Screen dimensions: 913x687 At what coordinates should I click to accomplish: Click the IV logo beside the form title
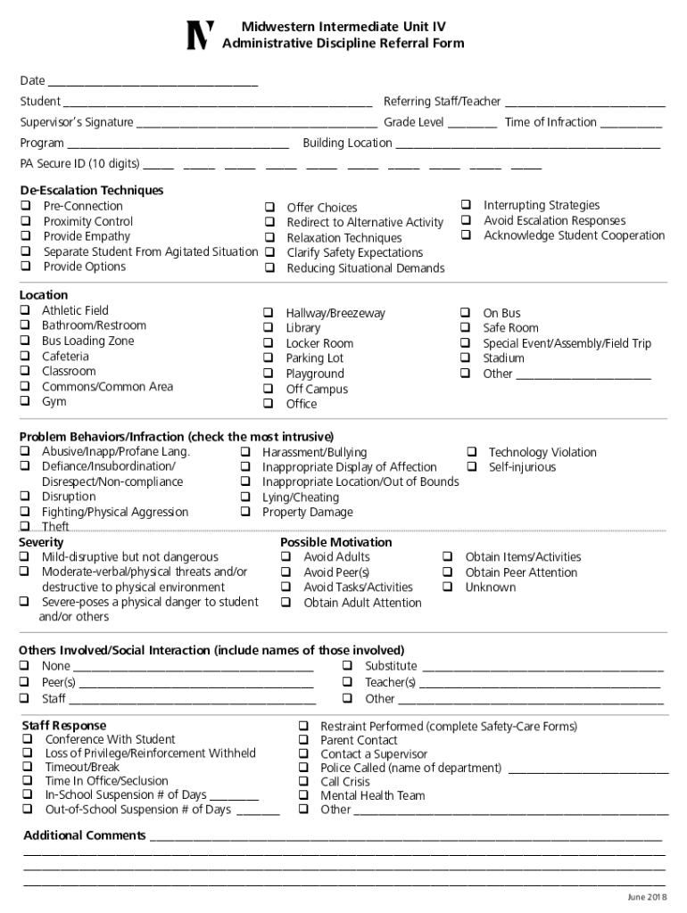coord(200,35)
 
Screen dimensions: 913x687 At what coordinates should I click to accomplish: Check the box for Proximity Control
coord(26,221)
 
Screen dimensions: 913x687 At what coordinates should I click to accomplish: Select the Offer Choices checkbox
coord(269,208)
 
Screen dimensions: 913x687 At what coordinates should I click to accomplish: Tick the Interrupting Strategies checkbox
coord(466,205)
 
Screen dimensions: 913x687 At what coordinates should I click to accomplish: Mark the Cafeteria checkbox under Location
coord(26,357)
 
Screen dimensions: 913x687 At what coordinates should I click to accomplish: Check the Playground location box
coord(268,374)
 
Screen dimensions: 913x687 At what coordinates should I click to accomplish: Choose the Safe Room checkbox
coord(465,328)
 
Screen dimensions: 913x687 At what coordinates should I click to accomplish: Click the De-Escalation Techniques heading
coord(92,190)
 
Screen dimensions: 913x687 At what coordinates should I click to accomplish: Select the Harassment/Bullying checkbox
coord(244,452)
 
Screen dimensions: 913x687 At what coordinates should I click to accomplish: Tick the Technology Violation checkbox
coord(470,452)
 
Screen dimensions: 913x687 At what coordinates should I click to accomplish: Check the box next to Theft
coord(26,527)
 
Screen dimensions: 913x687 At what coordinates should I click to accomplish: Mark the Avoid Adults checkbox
coord(286,557)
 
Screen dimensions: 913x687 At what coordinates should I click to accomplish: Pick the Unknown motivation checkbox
coord(448,588)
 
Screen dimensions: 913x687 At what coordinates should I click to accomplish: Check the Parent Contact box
coord(303,740)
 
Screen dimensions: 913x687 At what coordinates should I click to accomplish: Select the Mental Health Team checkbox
coord(303,795)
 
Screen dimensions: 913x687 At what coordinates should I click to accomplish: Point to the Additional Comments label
coord(85,835)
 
